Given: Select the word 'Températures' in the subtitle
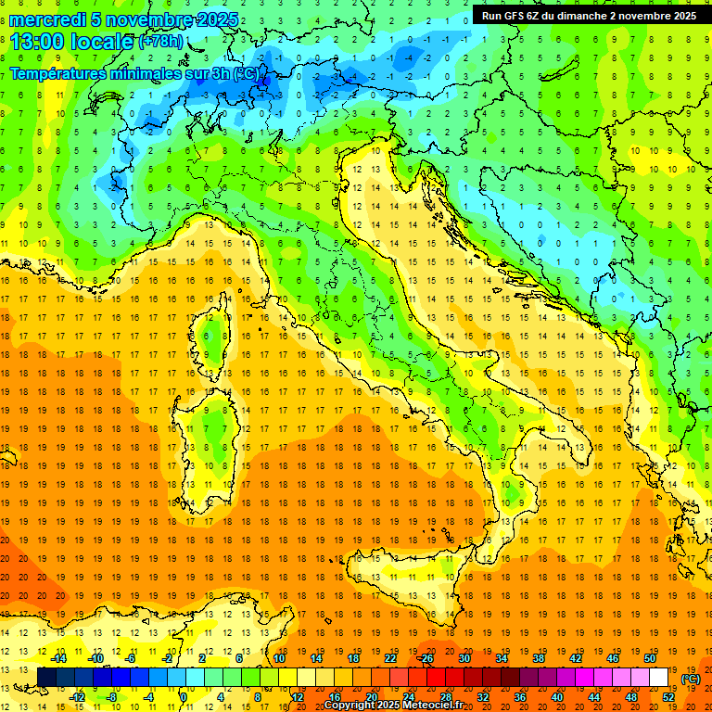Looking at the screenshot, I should point(58,73).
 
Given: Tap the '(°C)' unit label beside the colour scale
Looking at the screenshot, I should point(691,679).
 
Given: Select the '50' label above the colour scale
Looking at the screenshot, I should point(650,658).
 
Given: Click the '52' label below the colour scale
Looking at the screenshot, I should point(668,697).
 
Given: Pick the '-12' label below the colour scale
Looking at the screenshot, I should point(78,697).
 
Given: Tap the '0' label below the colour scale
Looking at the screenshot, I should point(184,697).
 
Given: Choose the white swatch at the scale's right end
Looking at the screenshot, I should point(659,678).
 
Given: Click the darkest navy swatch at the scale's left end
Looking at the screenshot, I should point(47,678).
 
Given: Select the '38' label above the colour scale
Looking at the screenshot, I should point(538,658).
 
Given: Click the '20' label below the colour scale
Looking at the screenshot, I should point(371,697).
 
